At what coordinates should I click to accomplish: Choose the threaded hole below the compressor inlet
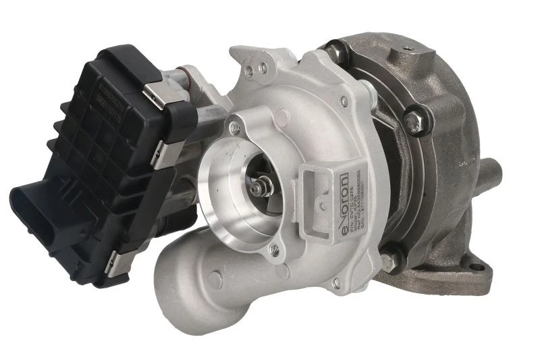click(273, 250)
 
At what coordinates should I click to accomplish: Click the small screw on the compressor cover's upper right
click(344, 101)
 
